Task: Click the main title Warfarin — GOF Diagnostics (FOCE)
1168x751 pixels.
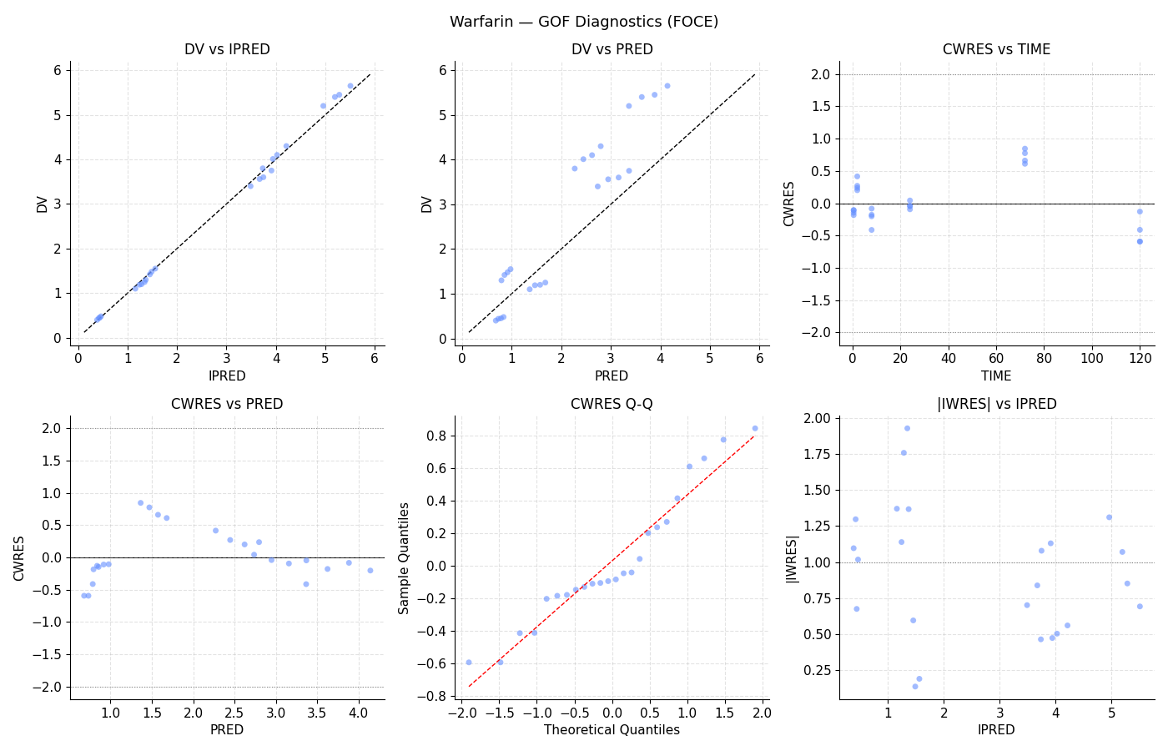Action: pyautogui.click(x=584, y=22)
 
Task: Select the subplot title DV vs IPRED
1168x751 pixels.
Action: pyautogui.click(x=227, y=49)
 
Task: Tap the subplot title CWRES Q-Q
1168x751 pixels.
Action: pyautogui.click(x=612, y=404)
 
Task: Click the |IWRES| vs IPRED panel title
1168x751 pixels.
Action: pyautogui.click(x=996, y=404)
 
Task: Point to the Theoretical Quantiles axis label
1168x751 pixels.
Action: pyautogui.click(x=612, y=729)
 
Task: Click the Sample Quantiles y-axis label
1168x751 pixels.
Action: pyautogui.click(x=404, y=558)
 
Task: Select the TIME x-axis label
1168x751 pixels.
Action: pyautogui.click(x=996, y=376)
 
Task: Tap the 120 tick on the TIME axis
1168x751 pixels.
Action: pyautogui.click(x=1140, y=359)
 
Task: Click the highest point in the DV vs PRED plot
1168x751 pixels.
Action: pyautogui.click(x=667, y=86)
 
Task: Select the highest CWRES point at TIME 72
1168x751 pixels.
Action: pyautogui.click(x=1025, y=149)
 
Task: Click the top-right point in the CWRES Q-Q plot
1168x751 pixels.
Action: pyautogui.click(x=755, y=429)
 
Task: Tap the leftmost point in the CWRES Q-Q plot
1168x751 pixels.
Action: pyautogui.click(x=469, y=663)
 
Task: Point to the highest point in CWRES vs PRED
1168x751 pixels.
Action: pyautogui.click(x=140, y=502)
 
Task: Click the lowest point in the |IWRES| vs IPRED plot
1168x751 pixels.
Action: pyautogui.click(x=915, y=686)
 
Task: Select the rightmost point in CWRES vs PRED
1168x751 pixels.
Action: pyautogui.click(x=370, y=571)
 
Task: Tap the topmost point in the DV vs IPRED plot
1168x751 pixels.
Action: pyautogui.click(x=350, y=86)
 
